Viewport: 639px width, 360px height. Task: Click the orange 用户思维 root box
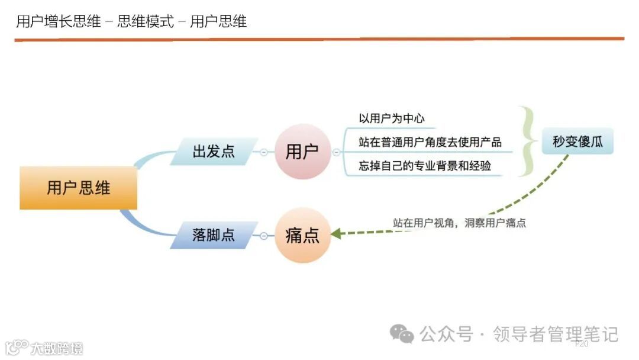[x=78, y=188]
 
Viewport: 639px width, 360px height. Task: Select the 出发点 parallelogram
[x=214, y=152]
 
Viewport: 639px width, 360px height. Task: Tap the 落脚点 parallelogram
[x=214, y=235]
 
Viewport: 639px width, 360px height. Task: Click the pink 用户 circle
[x=302, y=152]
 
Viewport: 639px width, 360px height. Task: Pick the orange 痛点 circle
[x=302, y=235]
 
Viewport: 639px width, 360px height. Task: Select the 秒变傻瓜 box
[x=577, y=142]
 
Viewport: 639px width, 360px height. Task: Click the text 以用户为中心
[x=392, y=118]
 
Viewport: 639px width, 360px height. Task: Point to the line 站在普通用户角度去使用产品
[x=430, y=142]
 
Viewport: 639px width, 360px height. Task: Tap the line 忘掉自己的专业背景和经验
[x=425, y=166]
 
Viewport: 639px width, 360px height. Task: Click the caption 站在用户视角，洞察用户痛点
[x=459, y=223]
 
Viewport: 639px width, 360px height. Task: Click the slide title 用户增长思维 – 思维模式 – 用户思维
[x=131, y=22]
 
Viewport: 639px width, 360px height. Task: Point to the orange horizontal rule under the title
[x=319, y=39]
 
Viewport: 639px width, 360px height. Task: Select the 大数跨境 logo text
[x=57, y=348]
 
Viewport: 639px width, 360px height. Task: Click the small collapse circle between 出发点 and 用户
[x=264, y=152]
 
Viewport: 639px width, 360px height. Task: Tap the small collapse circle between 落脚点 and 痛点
[x=264, y=236]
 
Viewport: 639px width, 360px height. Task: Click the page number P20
[x=582, y=344]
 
